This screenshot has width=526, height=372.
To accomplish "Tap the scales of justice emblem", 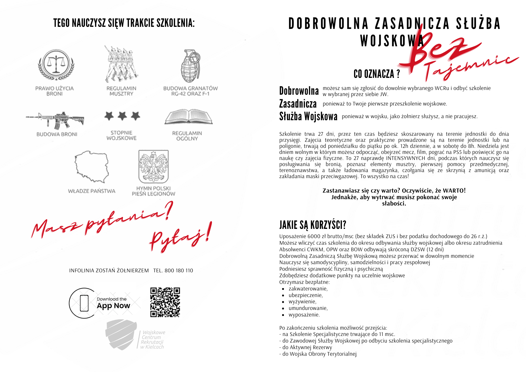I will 56,64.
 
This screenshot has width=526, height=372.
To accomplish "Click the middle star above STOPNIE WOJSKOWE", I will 122,115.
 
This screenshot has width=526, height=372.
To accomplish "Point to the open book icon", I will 188,117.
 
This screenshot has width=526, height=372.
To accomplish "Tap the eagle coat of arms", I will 154,167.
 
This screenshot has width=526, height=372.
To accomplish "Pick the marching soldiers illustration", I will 121,64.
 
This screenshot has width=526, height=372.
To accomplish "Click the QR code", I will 165,302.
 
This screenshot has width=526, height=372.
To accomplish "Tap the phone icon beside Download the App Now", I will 84,303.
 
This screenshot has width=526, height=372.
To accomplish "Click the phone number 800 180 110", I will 179,270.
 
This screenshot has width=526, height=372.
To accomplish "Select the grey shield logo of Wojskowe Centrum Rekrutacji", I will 121,335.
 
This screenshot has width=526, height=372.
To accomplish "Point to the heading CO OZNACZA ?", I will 377,74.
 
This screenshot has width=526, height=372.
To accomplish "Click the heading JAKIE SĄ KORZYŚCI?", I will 313,225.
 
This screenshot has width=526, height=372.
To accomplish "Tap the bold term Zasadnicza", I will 298,104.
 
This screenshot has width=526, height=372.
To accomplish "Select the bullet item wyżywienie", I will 302,302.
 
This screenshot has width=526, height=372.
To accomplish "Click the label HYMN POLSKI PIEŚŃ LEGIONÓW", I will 154,191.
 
